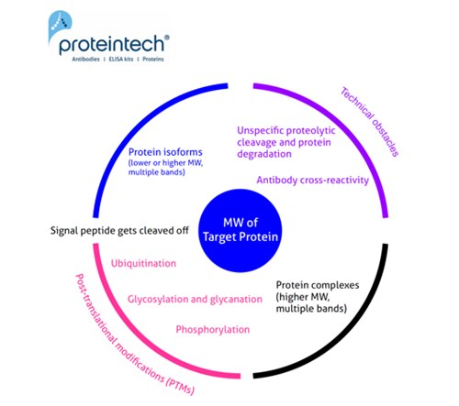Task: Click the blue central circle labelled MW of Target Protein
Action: click(x=241, y=231)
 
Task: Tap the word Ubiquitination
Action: click(x=143, y=263)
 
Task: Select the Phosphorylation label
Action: click(x=213, y=330)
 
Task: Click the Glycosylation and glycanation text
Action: click(x=195, y=299)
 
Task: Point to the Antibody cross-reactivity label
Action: click(x=313, y=181)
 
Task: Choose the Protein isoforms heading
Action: click(x=165, y=152)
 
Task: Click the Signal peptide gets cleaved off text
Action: click(x=119, y=231)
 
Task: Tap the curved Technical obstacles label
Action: click(x=370, y=122)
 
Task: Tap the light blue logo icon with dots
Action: click(x=60, y=24)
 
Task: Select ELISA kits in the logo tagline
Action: click(x=121, y=59)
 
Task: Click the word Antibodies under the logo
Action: click(x=86, y=59)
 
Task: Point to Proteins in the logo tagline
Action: click(x=153, y=59)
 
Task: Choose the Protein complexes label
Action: click(x=318, y=285)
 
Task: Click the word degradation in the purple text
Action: click(x=264, y=154)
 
